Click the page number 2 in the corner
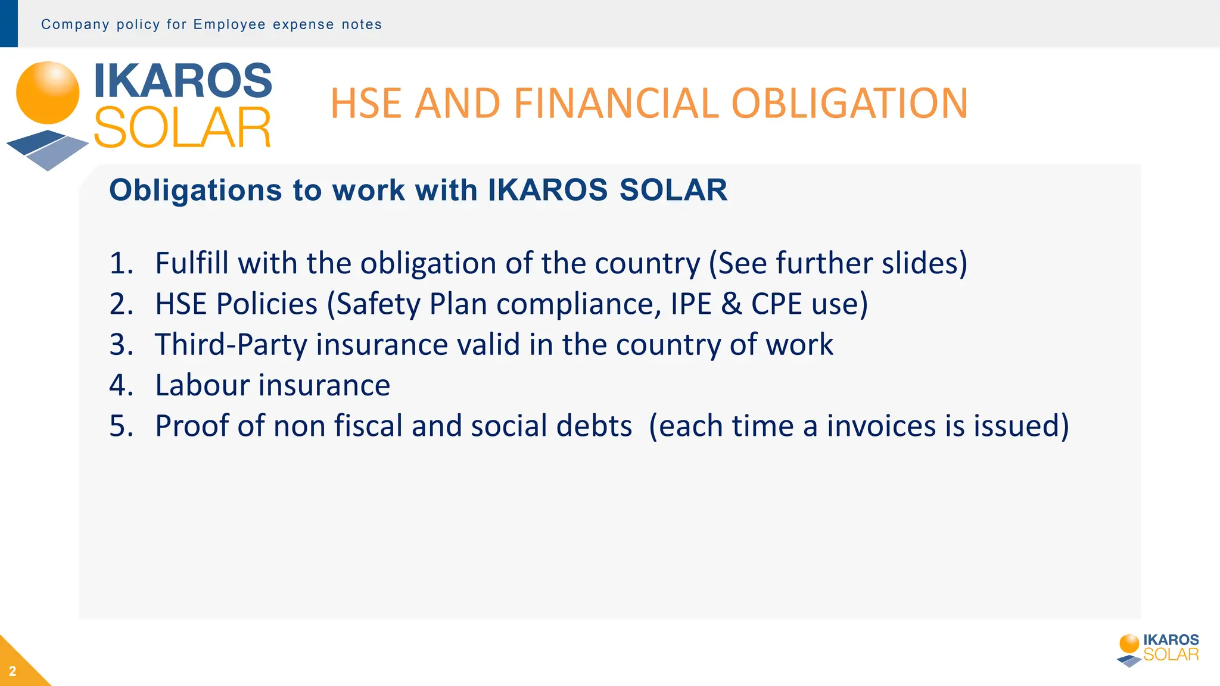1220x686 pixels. click(13, 671)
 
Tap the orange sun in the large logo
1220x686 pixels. click(48, 93)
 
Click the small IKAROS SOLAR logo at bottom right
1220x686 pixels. click(1158, 649)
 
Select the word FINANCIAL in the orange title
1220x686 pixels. click(615, 104)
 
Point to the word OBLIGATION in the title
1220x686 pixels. click(849, 104)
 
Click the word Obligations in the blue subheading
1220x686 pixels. click(195, 191)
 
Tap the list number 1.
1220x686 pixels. click(121, 263)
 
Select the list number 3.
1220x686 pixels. click(121, 345)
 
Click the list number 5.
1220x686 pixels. click(121, 426)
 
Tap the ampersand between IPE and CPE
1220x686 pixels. click(731, 304)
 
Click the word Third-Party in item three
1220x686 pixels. click(230, 345)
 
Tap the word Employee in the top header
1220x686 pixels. click(229, 24)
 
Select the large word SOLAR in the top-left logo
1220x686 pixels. click(182, 128)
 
